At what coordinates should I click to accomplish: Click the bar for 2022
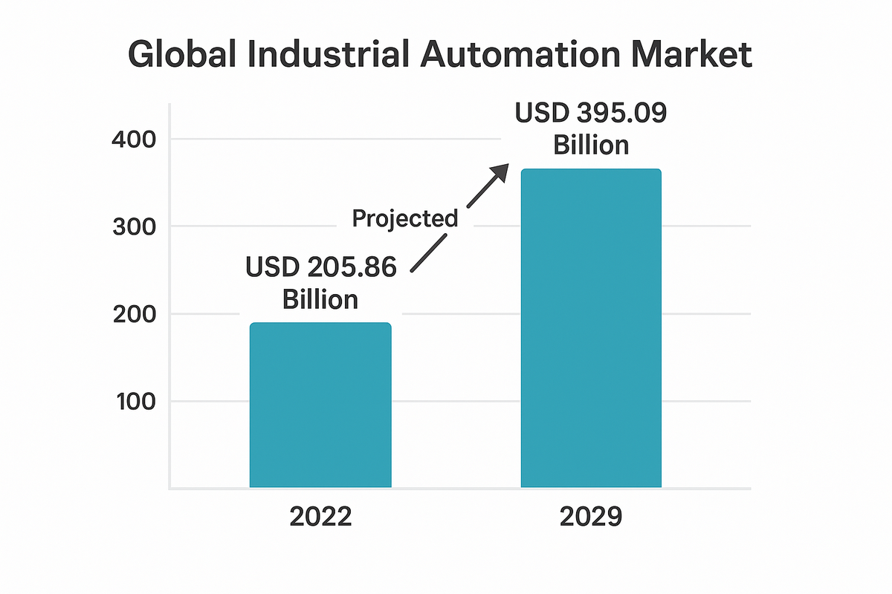tap(320, 405)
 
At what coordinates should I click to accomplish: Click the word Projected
tap(405, 218)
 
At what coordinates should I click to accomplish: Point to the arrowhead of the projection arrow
tap(499, 173)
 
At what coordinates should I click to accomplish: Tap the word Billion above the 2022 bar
tap(320, 300)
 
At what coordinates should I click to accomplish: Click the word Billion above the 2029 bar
tap(591, 145)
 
